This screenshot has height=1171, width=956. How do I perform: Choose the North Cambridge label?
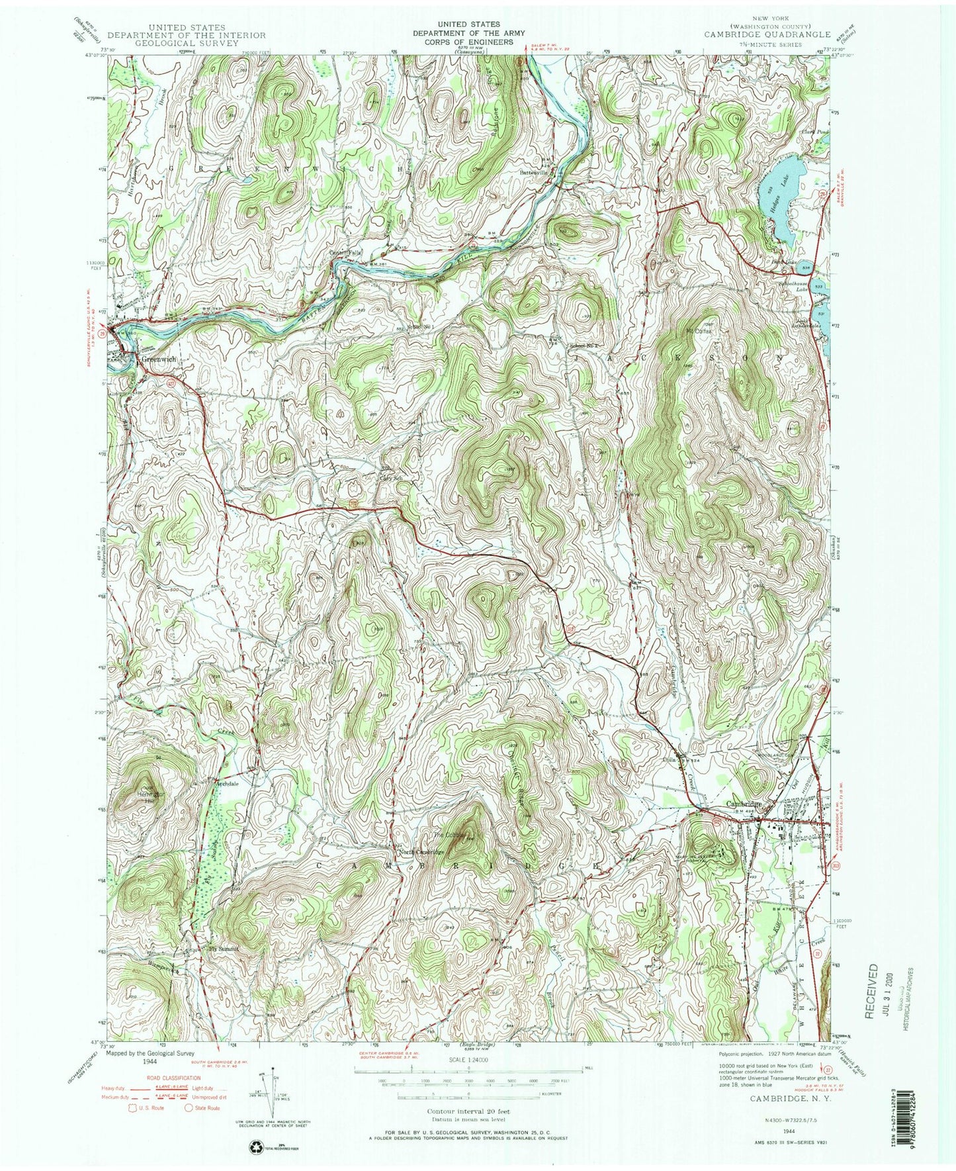point(421,852)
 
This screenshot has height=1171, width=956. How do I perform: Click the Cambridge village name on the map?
point(744,804)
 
